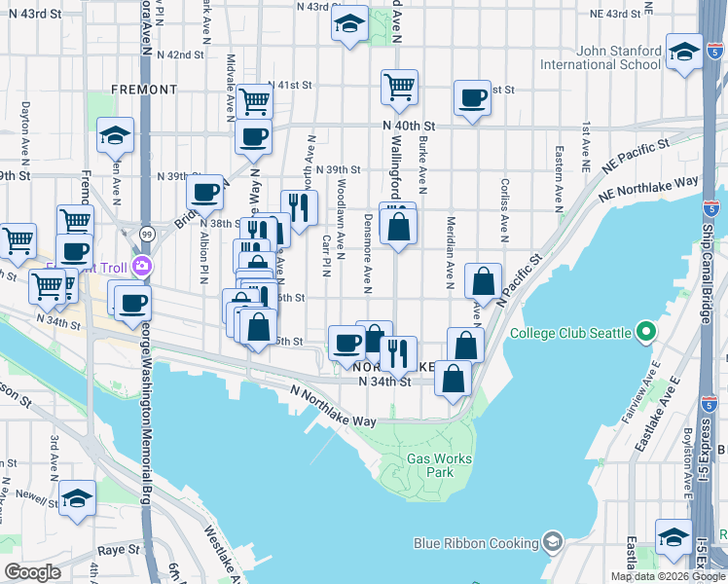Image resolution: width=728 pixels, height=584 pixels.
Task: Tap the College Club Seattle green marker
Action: tap(646, 333)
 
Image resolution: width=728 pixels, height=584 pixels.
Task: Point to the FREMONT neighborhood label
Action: tap(144, 90)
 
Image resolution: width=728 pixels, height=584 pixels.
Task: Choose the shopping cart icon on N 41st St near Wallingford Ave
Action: tap(399, 87)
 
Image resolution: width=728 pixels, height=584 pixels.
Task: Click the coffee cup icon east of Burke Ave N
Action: tap(473, 98)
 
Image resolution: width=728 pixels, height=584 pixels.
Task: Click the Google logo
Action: tap(32, 571)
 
